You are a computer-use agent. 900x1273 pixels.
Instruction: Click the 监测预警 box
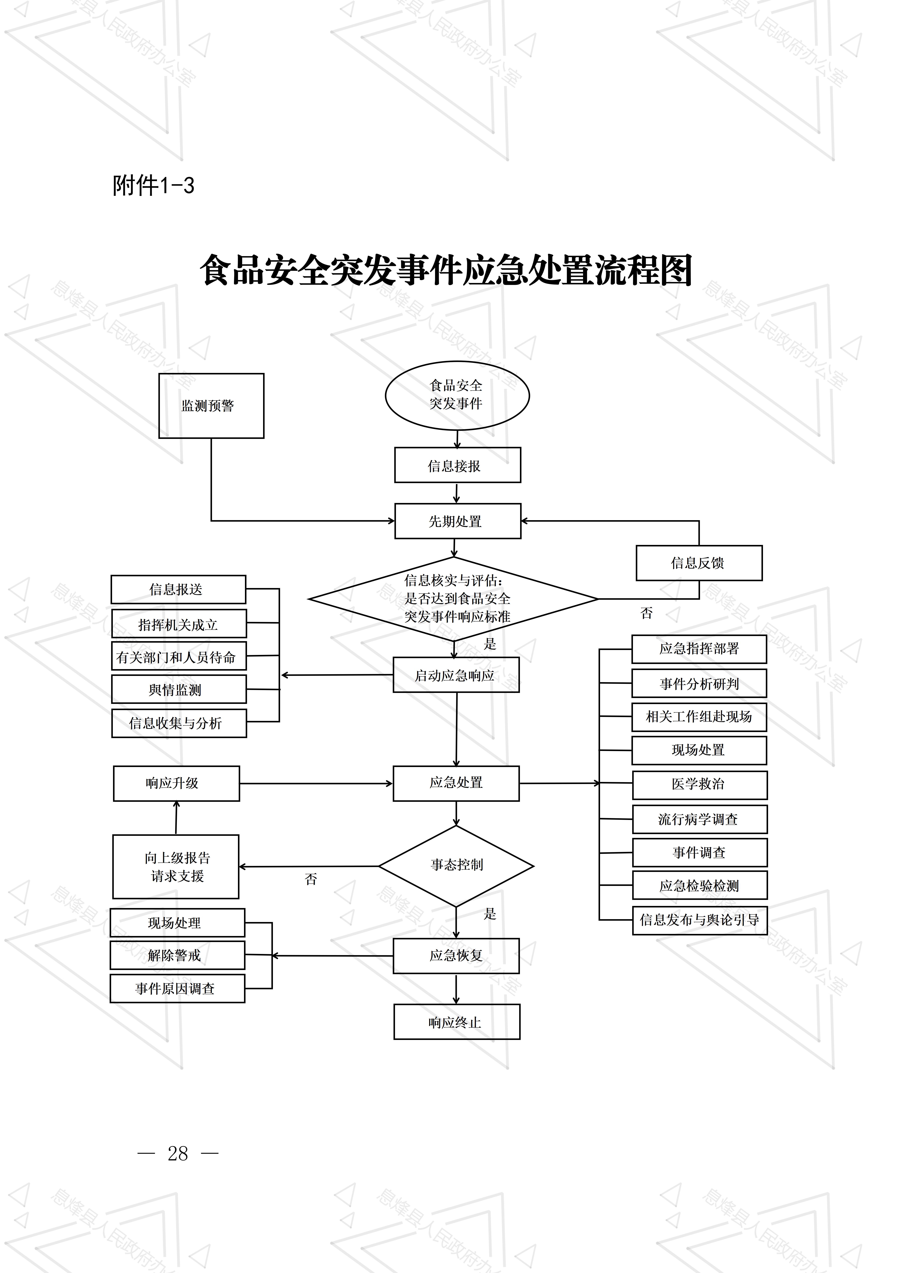211,405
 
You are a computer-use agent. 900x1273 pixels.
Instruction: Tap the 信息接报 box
458,465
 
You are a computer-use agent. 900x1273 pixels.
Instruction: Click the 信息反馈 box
699,563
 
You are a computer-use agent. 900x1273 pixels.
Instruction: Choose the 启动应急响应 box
456,675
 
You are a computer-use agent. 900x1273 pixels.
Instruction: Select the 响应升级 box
176,783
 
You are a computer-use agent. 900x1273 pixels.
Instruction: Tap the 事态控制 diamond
456,865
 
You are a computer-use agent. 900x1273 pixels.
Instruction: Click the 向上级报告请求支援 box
176,867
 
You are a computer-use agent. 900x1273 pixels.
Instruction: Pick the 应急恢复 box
456,955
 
